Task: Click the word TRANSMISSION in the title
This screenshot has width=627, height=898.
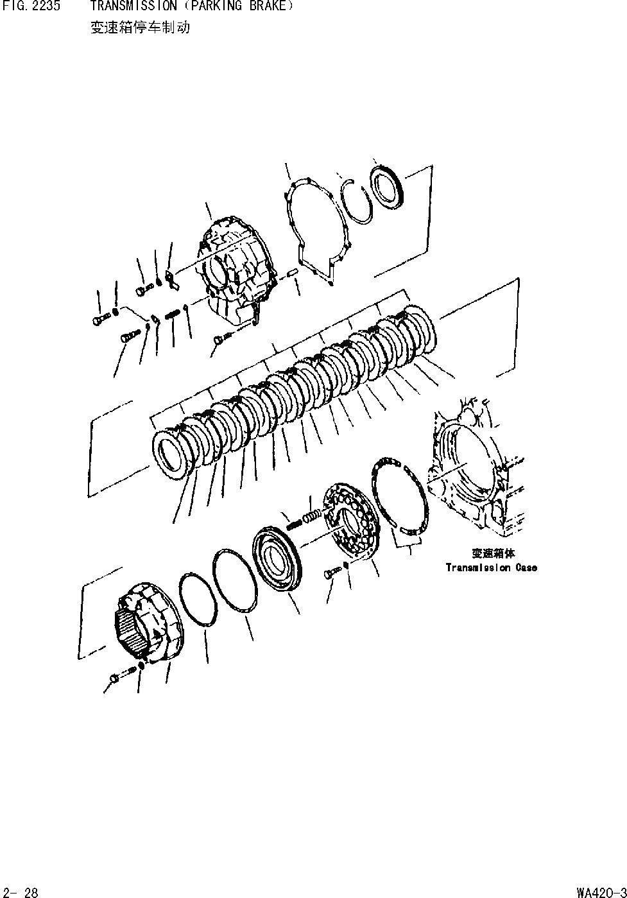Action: tap(133, 7)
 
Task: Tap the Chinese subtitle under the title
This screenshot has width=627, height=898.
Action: tap(140, 28)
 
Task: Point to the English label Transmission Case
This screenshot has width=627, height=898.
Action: tap(491, 567)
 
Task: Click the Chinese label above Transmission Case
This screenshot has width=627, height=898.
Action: tap(493, 553)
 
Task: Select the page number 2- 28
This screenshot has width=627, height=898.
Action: tap(22, 892)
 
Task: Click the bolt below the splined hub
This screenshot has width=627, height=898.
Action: tap(116, 677)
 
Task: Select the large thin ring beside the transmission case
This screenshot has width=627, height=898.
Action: tap(399, 496)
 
